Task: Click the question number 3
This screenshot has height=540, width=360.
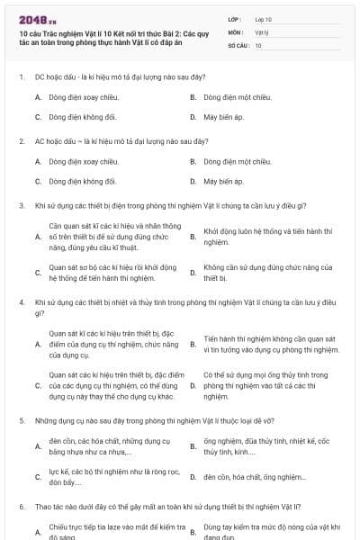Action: [x=21, y=205]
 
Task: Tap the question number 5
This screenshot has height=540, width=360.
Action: [x=21, y=420]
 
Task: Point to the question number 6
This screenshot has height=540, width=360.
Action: [x=21, y=508]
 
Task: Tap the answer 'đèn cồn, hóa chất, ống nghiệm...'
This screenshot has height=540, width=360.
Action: [x=255, y=476]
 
